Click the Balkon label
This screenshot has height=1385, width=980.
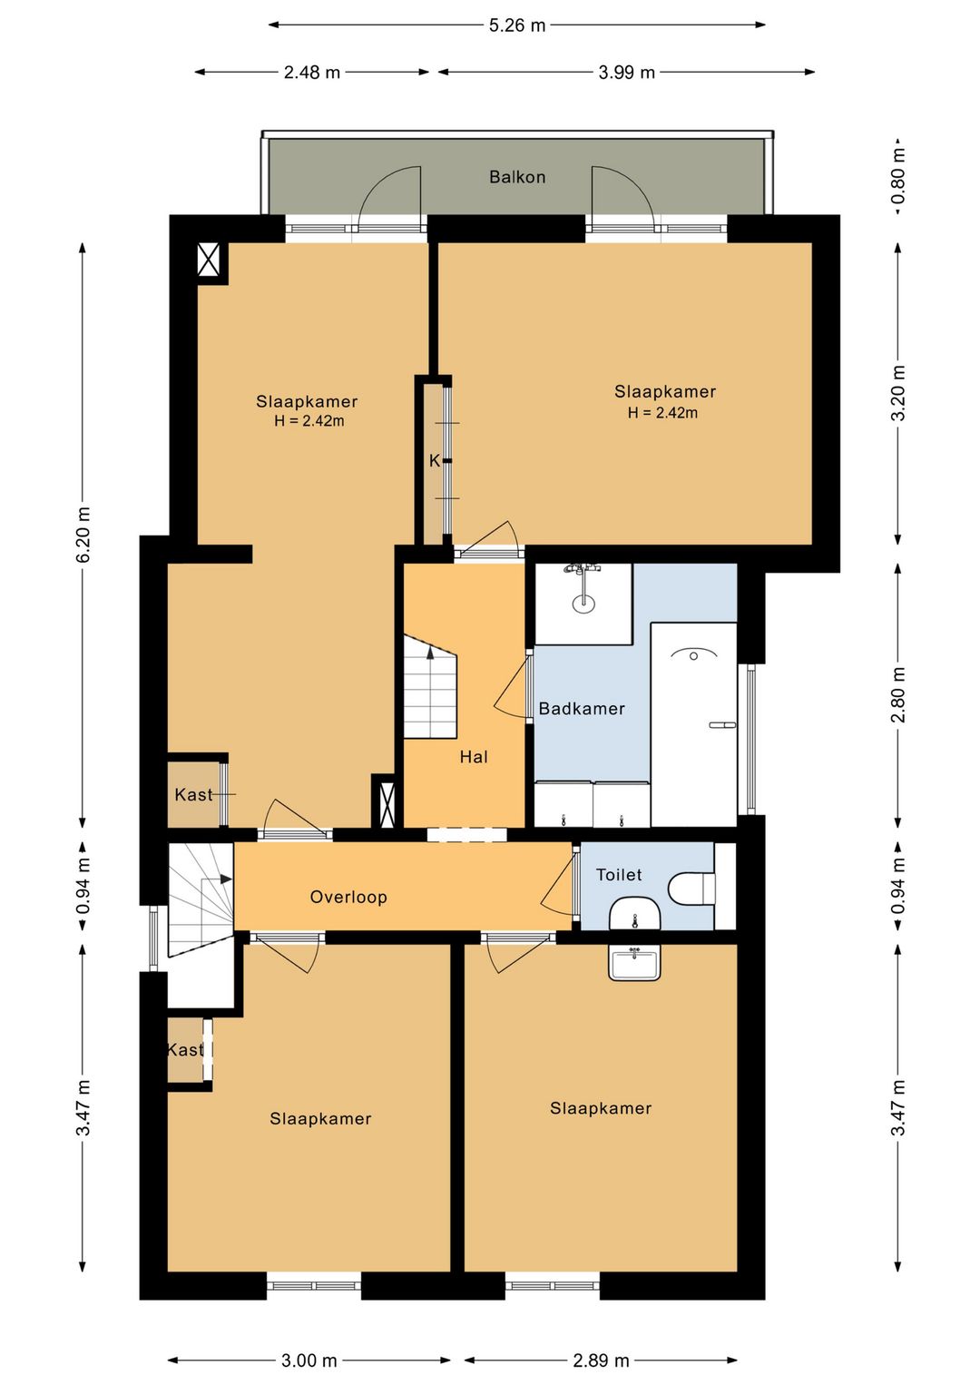click(517, 177)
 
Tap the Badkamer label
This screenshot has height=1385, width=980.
click(582, 709)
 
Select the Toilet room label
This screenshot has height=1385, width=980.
click(618, 875)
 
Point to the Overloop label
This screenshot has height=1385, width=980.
click(348, 897)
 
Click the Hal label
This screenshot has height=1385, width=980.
click(474, 757)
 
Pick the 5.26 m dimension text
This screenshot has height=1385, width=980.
click(517, 25)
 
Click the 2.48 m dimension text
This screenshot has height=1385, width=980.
click(311, 73)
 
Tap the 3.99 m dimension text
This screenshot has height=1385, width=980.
click(626, 73)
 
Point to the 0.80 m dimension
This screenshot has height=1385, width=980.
click(897, 177)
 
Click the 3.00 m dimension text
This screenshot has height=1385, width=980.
click(309, 1360)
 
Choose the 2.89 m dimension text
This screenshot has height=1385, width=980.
click(601, 1360)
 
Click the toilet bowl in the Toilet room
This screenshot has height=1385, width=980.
click(691, 889)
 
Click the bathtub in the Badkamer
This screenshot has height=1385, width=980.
click(693, 724)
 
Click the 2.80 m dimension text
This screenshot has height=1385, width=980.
click(897, 694)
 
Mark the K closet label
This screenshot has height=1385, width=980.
click(434, 461)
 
